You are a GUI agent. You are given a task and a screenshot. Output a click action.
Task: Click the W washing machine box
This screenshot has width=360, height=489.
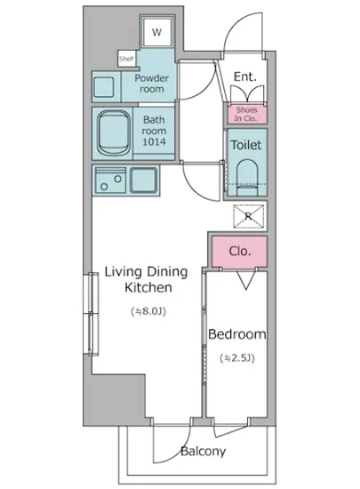click(x=156, y=31)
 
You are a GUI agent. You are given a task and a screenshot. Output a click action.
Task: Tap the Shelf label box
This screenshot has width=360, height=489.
click(x=126, y=59)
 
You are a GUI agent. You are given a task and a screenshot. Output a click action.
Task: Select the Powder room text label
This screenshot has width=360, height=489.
click(x=152, y=84)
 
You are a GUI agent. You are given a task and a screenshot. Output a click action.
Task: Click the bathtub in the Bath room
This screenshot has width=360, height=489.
click(x=114, y=133)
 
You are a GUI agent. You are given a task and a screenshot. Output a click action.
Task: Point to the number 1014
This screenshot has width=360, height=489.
click(x=155, y=142)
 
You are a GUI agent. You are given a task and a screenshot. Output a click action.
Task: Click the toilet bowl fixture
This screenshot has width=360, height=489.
click(x=247, y=178)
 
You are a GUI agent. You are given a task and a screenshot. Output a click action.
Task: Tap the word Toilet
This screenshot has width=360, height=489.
click(x=246, y=145)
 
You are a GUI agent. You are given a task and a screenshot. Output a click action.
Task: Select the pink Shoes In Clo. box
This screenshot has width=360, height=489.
click(x=246, y=115)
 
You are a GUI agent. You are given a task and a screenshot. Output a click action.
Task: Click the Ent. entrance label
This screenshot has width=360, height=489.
click(x=245, y=76)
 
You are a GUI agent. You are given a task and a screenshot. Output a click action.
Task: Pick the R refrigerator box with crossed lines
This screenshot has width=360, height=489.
click(x=248, y=216)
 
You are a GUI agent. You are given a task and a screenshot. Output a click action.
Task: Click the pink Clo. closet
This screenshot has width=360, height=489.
click(x=239, y=252)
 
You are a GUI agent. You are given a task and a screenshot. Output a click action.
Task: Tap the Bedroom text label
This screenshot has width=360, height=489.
click(x=237, y=334)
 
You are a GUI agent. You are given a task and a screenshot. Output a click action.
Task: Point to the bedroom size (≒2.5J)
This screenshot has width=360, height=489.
click(x=237, y=358)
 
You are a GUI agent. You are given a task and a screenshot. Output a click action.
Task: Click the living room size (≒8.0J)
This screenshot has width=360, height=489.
click(x=148, y=311)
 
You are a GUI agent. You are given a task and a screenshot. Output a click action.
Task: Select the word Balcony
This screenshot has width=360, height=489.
click(x=204, y=452)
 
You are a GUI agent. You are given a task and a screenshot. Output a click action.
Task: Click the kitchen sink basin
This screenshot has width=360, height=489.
click(x=143, y=180)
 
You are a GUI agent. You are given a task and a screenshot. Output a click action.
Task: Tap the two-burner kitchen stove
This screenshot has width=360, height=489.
click(x=110, y=180)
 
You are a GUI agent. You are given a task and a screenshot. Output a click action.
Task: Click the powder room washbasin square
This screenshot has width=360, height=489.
click(x=104, y=86)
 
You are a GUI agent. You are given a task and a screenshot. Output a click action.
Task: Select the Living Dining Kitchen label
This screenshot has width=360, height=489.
click(x=146, y=279)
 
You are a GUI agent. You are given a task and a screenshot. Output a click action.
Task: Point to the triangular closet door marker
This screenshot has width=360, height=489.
click(x=246, y=280)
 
